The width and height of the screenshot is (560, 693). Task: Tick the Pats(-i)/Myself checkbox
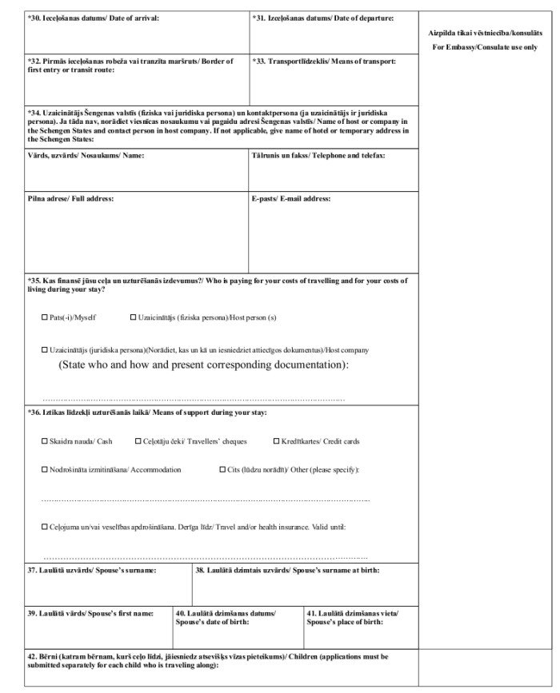click(45, 318)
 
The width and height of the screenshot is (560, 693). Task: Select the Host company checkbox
click(45, 351)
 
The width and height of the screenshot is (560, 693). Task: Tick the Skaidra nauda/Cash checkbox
click(45, 441)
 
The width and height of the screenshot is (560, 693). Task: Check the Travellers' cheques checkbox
click(140, 441)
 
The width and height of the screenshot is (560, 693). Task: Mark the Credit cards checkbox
click(277, 441)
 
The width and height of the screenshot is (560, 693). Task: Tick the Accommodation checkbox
click(45, 469)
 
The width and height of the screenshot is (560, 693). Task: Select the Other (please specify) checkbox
click(222, 469)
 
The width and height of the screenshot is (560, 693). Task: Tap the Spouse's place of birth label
click(354, 617)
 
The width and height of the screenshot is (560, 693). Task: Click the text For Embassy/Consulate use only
click(487, 47)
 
